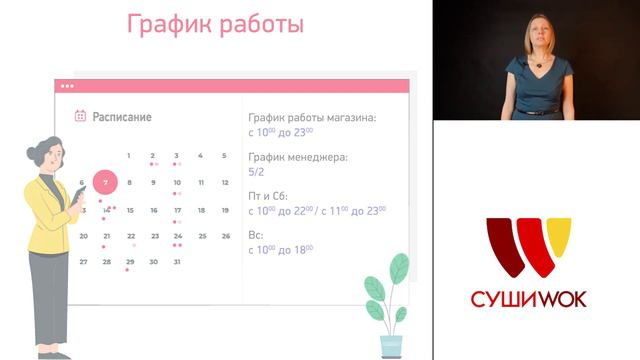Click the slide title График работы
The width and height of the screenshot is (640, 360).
pos(215,24)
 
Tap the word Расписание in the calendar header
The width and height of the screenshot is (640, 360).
pos(122,117)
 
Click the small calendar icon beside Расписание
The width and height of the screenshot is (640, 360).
pos(80,117)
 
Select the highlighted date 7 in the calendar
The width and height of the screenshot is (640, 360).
pos(105,183)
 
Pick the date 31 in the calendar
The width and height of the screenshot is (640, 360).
pos(177,262)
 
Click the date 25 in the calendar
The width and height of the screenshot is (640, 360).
pos(201,236)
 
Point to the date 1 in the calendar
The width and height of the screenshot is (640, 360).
pos(129,156)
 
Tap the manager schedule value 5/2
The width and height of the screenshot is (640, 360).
pos(256,171)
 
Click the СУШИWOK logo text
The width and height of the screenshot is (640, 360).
pos(529,298)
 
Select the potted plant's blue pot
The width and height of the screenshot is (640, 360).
pos(391,343)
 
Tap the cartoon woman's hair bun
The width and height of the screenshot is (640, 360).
pos(37,150)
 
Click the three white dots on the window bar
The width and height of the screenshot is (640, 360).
pos(67,86)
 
